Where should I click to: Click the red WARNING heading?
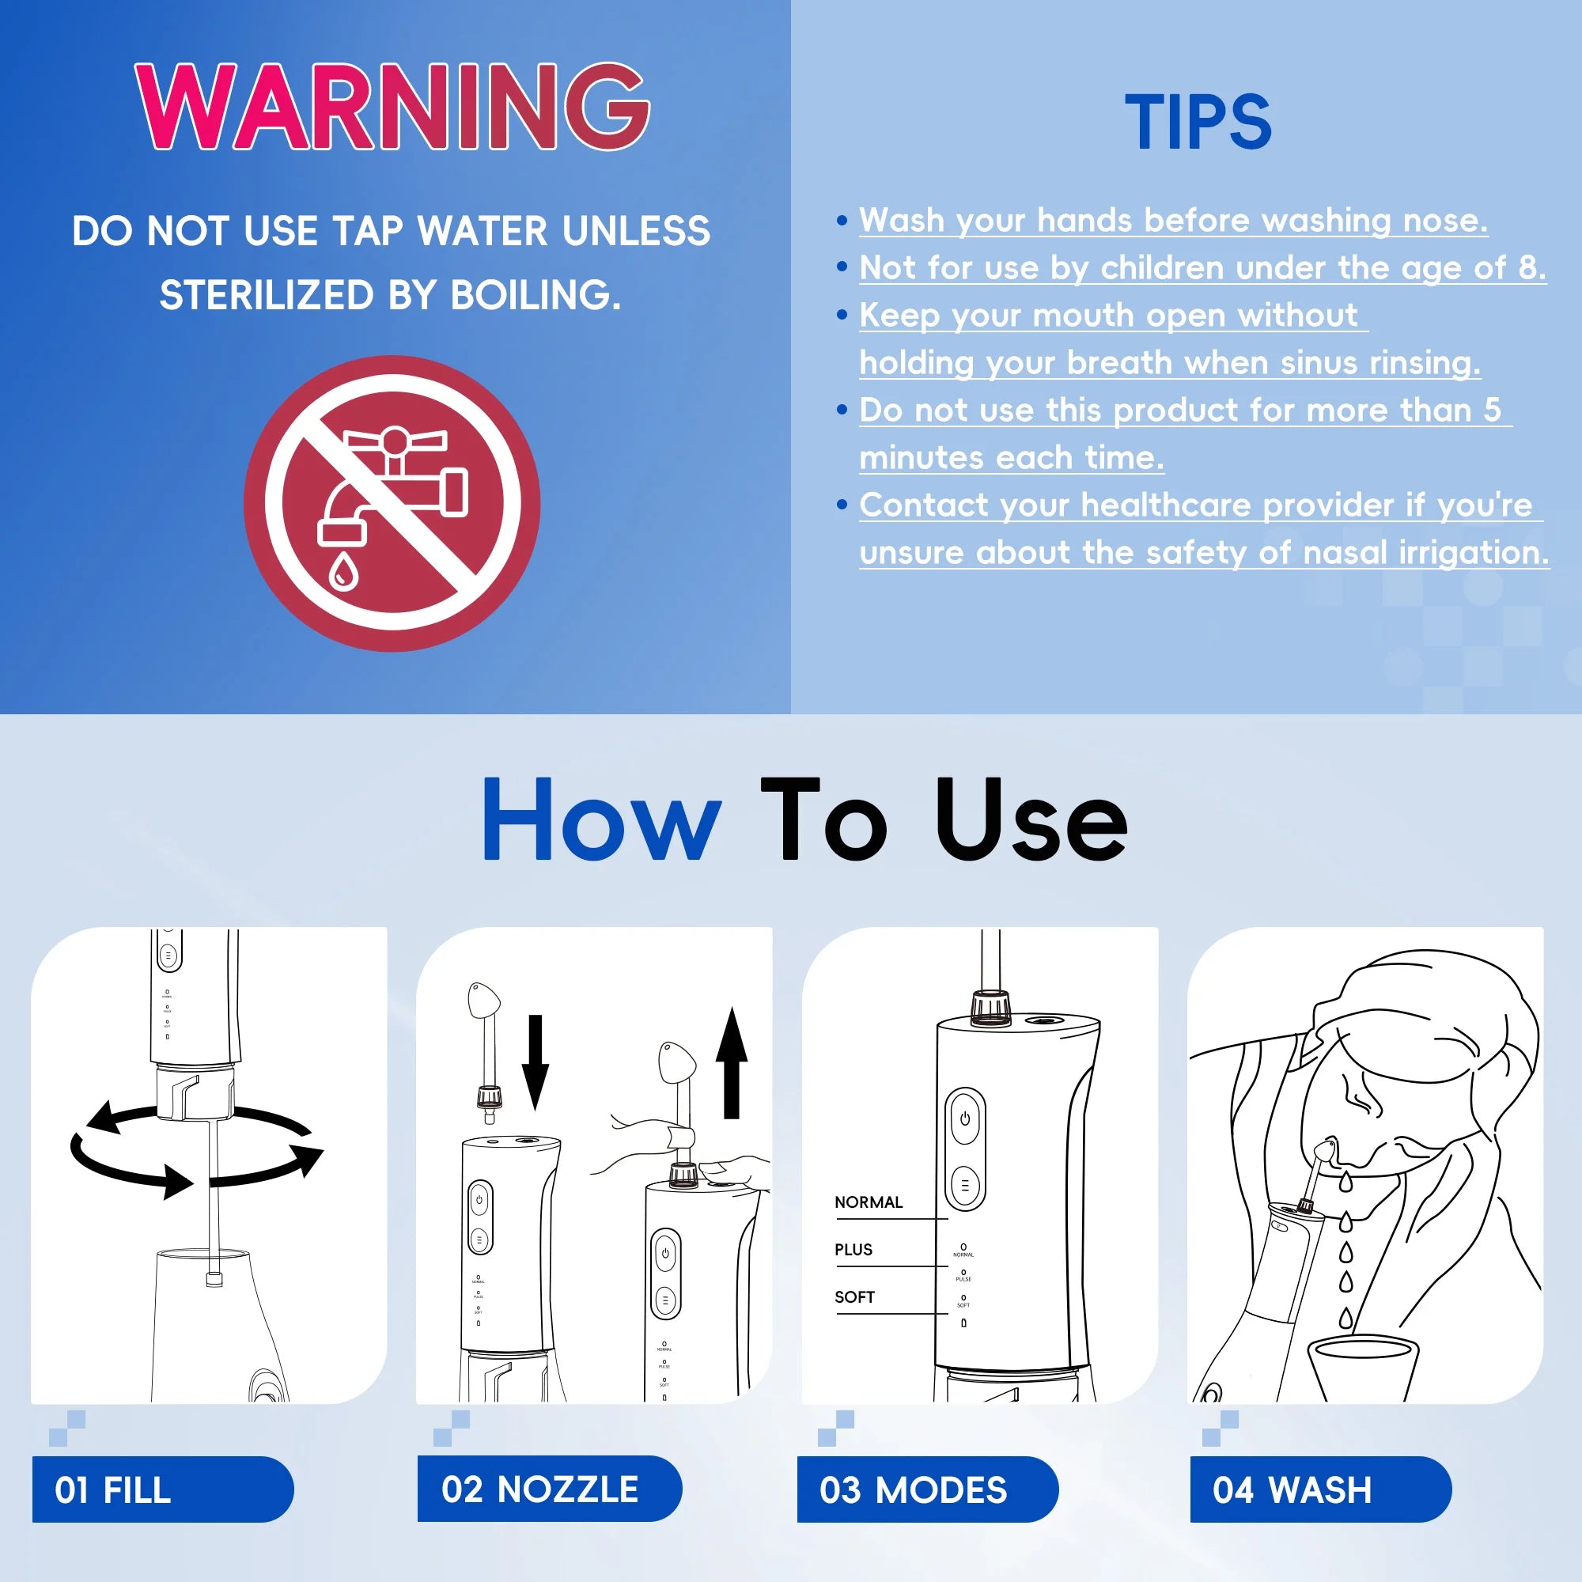393,107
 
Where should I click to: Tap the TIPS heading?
1197,123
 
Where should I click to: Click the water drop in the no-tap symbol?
343,571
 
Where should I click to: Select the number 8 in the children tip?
1528,268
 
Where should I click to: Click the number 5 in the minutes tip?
1492,410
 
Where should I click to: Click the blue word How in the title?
602,820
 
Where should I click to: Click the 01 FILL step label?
113,1489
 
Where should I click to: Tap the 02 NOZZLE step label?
539,1489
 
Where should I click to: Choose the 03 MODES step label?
913,1489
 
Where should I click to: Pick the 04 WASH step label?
1292,1489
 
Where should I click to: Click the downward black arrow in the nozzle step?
536,1062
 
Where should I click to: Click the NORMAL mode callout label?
868,1202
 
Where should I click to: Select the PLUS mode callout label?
853,1250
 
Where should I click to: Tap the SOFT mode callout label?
854,1297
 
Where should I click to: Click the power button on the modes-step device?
964,1118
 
